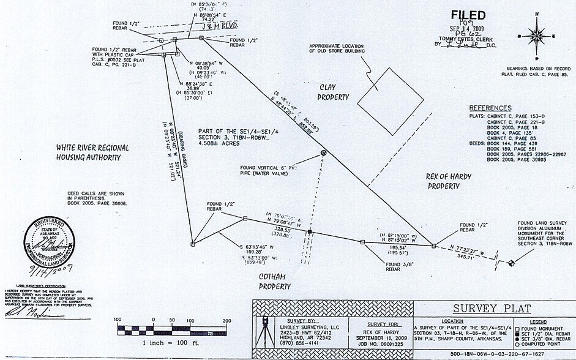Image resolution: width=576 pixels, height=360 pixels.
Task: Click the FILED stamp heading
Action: (x=468, y=15)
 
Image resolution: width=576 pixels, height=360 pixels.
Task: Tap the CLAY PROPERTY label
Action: (x=333, y=92)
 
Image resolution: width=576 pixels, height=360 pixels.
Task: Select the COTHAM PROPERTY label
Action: (x=274, y=281)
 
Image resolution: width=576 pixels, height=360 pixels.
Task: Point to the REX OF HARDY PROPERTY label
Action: (x=449, y=181)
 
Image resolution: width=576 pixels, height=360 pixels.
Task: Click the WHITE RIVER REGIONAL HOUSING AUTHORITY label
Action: (x=92, y=152)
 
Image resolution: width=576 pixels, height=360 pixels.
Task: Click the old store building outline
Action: (x=390, y=100)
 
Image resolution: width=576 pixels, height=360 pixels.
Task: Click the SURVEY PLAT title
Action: (x=492, y=308)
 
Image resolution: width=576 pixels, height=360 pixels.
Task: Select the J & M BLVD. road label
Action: (x=219, y=26)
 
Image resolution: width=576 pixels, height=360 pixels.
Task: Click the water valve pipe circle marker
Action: (x=324, y=152)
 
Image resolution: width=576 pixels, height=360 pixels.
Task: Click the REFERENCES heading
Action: (x=490, y=108)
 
